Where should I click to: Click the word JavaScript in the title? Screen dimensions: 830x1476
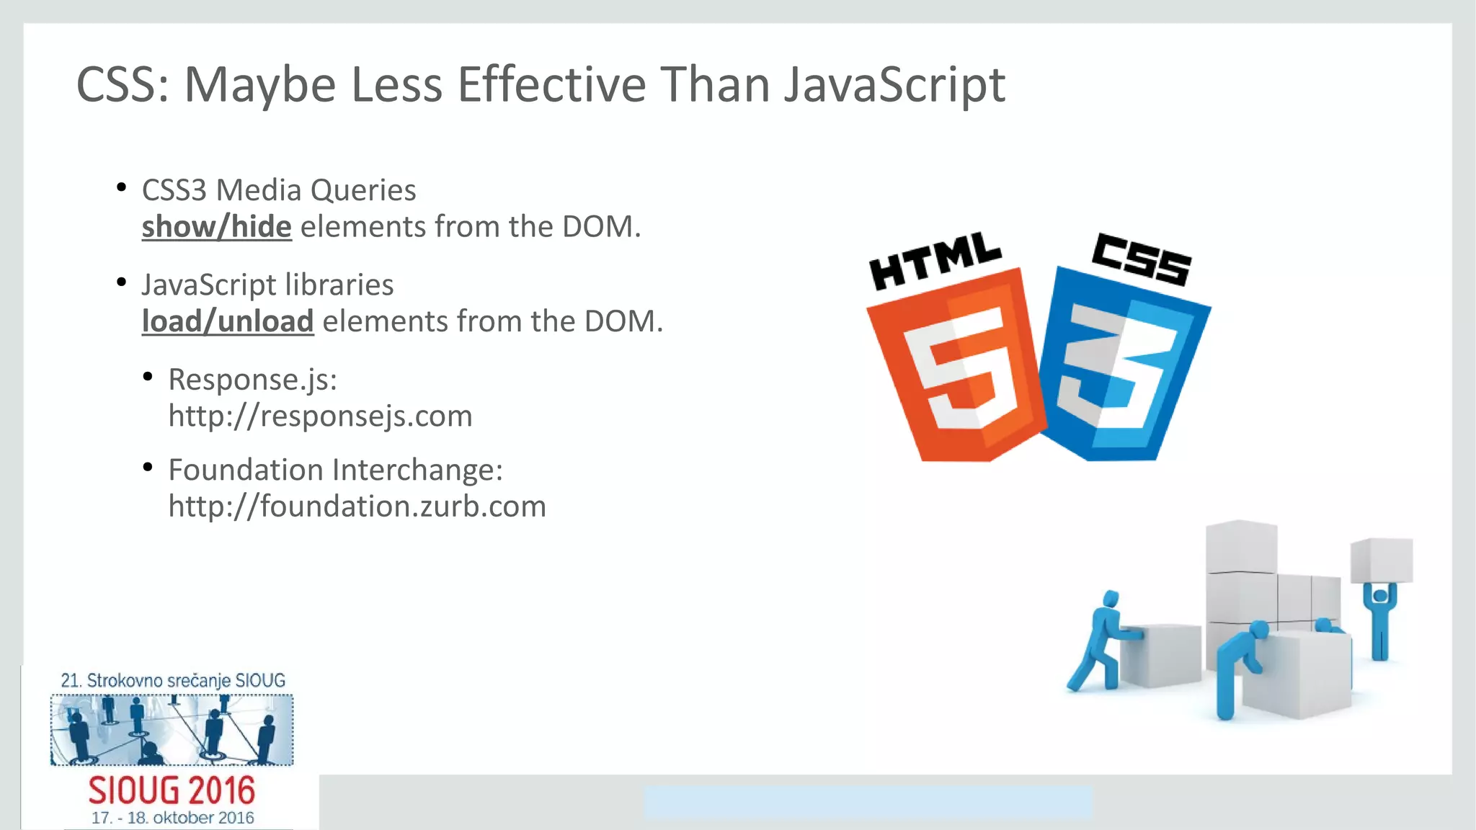click(894, 86)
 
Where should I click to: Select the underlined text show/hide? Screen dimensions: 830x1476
click(216, 227)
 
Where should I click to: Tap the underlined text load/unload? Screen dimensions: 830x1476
click(228, 321)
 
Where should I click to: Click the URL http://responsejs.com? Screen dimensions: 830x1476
click(320, 416)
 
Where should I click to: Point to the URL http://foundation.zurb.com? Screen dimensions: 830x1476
click(357, 507)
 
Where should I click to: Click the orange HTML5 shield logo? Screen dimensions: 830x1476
click(955, 367)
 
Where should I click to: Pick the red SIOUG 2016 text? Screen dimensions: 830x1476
click(172, 791)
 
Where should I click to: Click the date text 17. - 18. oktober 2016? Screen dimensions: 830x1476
click(172, 818)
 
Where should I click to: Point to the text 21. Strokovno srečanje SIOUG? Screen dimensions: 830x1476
click(173, 680)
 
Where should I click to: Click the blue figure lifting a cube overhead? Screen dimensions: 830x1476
click(1380, 620)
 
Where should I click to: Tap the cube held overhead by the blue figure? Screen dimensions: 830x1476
click(1382, 560)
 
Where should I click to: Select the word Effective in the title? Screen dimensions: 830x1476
click(551, 86)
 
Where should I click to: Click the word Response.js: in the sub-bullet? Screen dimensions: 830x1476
click(252, 380)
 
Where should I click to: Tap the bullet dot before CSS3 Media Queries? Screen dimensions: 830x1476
click(122, 189)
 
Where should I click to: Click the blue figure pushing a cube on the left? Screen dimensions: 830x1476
click(1099, 641)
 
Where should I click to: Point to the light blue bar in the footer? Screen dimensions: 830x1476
click(868, 802)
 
